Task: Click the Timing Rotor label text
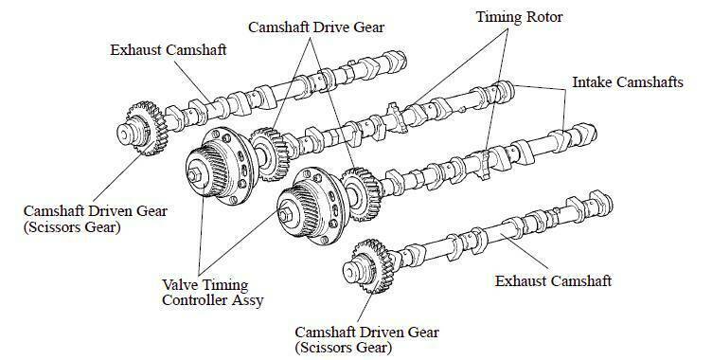tap(519, 17)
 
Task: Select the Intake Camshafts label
tap(628, 82)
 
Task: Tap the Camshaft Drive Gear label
tap(316, 27)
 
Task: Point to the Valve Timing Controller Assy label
tap(213, 293)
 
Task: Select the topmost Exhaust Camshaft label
tap(168, 49)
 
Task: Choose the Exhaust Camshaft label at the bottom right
tap(553, 281)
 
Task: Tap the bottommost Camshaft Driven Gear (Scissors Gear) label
tap(367, 340)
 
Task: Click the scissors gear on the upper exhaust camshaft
tap(146, 129)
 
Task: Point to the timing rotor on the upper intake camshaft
tap(396, 117)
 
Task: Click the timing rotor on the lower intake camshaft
tap(485, 162)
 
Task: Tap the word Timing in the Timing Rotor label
tap(499, 18)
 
